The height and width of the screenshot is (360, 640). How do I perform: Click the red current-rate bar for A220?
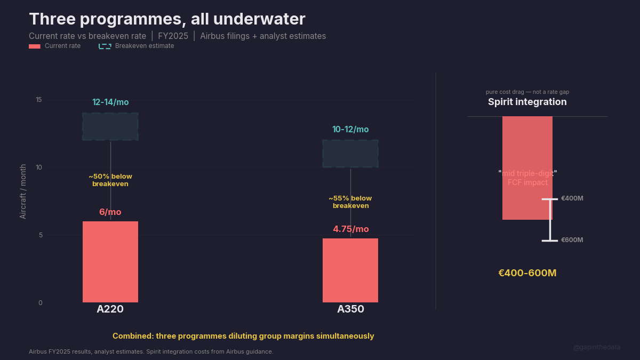(110, 262)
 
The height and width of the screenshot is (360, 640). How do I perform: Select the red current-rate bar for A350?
(350, 270)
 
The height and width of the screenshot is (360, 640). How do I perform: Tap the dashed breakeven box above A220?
(110, 126)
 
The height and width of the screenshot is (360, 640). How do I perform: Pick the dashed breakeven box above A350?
(350, 154)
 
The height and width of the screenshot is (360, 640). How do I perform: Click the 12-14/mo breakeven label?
(110, 102)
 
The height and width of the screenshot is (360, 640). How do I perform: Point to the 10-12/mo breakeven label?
(350, 130)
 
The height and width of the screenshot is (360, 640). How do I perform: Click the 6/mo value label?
(110, 212)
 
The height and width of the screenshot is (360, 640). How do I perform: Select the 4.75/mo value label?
(351, 229)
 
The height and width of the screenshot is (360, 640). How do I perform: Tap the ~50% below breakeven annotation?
(110, 180)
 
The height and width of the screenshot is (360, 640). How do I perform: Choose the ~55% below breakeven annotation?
(350, 202)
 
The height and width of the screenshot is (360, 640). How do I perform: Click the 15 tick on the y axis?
(39, 100)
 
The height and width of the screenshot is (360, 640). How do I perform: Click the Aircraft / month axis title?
(23, 191)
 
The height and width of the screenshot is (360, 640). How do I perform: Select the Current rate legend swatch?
(35, 46)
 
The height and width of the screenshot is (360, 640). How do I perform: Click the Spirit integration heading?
(527, 102)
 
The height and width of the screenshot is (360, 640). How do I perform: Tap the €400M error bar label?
(572, 198)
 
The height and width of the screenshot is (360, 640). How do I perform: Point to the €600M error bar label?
(572, 240)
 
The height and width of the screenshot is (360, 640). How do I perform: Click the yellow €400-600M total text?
(527, 273)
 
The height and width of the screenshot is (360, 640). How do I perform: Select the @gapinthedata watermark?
(597, 347)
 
